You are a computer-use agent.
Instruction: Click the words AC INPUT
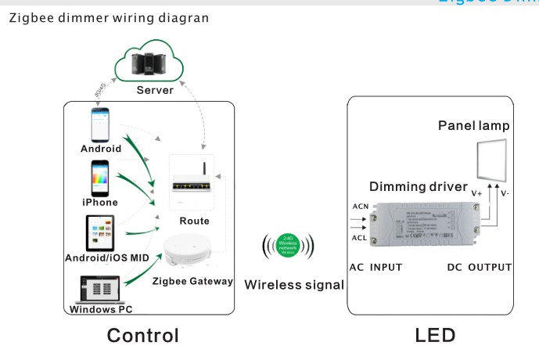point(376,267)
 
